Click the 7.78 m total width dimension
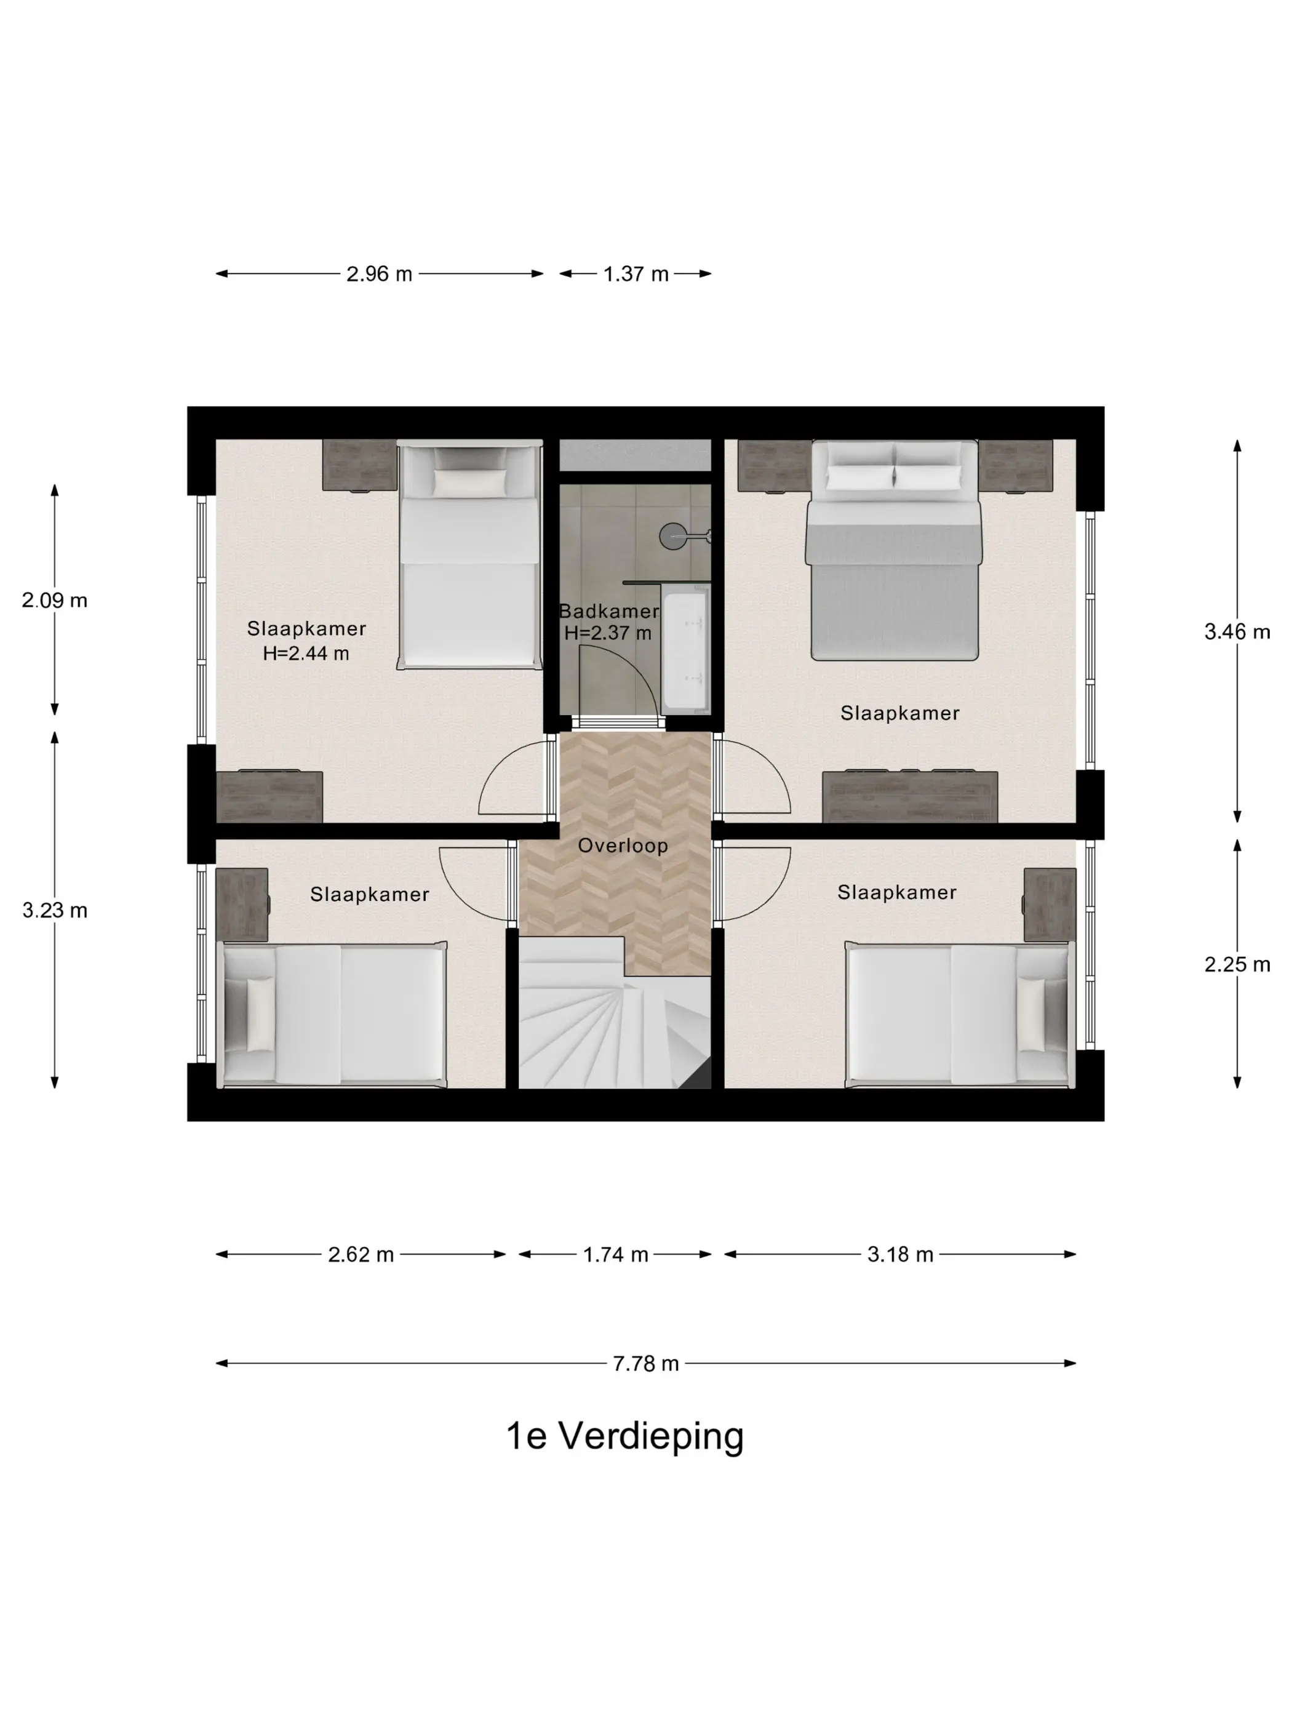tap(645, 1363)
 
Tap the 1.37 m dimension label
tap(636, 274)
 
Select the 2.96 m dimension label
tap(379, 274)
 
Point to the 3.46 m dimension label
tap(1237, 632)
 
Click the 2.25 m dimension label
tap(1237, 964)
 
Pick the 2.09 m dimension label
tap(55, 601)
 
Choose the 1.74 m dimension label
tap(615, 1254)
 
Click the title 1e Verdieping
tap(624, 1436)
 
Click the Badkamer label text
tap(609, 612)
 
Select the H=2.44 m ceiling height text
tap(306, 654)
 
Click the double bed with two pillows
tap(893, 550)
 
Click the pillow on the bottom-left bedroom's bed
tap(260, 1013)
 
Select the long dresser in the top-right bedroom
tap(909, 796)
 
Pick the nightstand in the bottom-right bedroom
tap(1050, 905)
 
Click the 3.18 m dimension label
tap(900, 1254)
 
